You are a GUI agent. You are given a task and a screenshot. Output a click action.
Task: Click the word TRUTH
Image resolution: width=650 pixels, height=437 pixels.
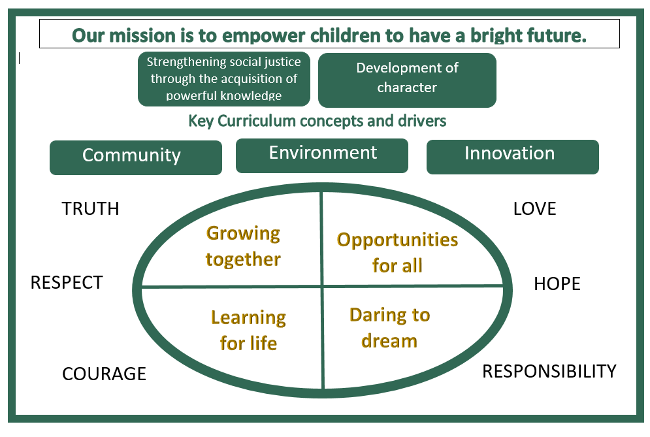coord(90,208)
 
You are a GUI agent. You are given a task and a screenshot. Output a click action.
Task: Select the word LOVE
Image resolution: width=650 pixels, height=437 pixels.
coord(534,208)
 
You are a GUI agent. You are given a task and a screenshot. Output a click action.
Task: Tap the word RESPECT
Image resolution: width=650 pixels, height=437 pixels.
coord(67,282)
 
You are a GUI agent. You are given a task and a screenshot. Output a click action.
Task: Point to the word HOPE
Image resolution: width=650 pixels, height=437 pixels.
coord(557,283)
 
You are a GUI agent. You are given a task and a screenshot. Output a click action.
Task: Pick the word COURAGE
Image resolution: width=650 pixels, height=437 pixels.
coord(104,374)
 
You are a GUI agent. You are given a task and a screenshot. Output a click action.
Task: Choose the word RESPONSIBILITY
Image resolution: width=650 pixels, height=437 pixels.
coord(549,371)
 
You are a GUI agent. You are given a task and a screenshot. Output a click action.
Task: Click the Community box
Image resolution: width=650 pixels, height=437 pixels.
coord(135,157)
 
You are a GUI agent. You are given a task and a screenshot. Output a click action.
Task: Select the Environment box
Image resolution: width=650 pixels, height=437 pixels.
coord(322,155)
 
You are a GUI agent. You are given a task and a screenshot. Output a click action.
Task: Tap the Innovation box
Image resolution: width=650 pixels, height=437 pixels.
coord(512,156)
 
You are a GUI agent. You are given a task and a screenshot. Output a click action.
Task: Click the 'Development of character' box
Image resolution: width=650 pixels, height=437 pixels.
coord(407,79)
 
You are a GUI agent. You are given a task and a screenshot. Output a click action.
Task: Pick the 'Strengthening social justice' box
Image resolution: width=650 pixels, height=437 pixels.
coord(223,79)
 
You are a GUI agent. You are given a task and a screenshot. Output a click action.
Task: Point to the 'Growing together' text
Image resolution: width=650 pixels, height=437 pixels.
coord(243,246)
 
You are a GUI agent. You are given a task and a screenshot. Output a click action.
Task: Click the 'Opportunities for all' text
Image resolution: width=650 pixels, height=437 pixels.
coord(397,252)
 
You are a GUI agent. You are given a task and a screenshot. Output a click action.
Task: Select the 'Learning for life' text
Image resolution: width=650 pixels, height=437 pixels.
coord(248,331)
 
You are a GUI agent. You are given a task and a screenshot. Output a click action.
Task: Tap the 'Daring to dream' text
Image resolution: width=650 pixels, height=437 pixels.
coord(389,327)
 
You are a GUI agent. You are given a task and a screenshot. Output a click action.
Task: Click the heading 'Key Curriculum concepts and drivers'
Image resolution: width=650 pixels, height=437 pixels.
coord(317,121)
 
